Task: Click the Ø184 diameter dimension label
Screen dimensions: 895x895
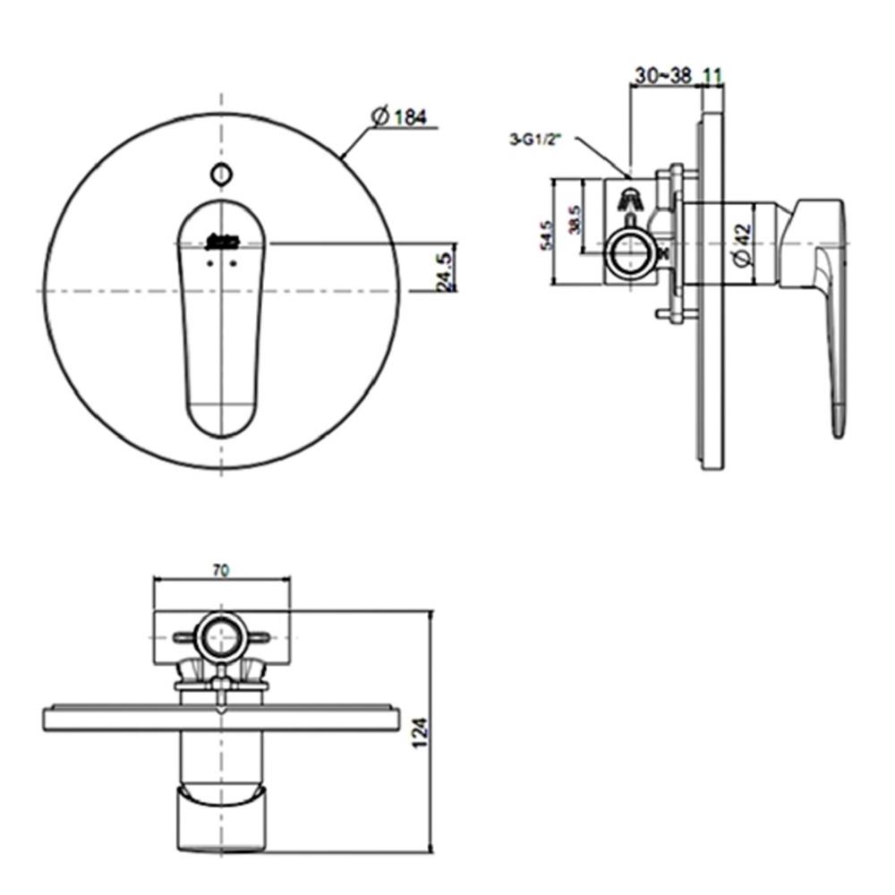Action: pyautogui.click(x=398, y=116)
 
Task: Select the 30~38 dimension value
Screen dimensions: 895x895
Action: pyautogui.click(x=662, y=77)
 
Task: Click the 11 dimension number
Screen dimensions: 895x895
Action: pyautogui.click(x=712, y=77)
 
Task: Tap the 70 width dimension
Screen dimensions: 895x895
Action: pyautogui.click(x=222, y=569)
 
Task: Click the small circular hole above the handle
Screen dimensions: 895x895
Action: pyautogui.click(x=219, y=175)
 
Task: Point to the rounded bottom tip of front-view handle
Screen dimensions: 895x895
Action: pyautogui.click(x=220, y=421)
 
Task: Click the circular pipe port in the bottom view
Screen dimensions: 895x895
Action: pyautogui.click(x=220, y=638)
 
